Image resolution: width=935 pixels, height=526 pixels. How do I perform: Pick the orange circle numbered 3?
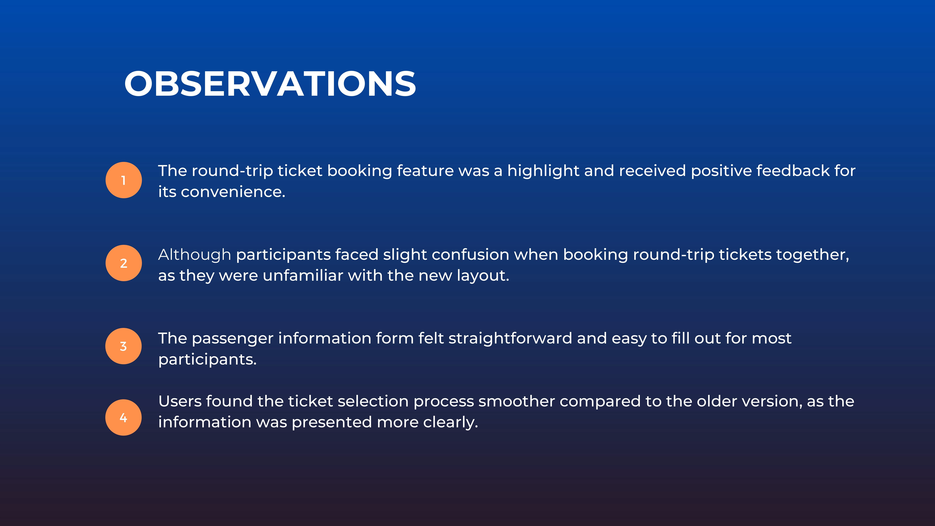click(x=123, y=346)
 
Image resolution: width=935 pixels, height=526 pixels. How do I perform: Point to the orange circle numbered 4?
click(x=123, y=418)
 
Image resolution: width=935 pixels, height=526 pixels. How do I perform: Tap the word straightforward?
click(x=510, y=338)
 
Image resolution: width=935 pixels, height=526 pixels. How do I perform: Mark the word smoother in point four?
click(x=516, y=401)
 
